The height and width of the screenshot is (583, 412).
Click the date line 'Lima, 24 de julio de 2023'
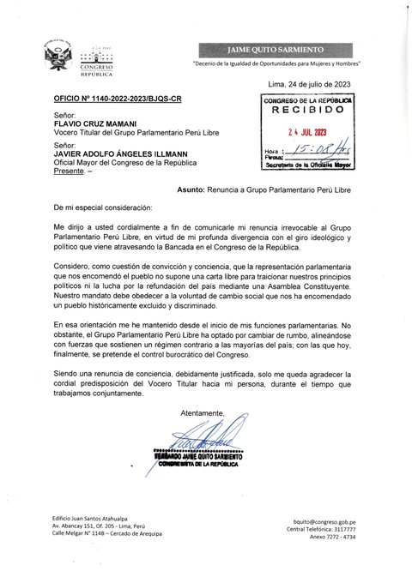[310, 84]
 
